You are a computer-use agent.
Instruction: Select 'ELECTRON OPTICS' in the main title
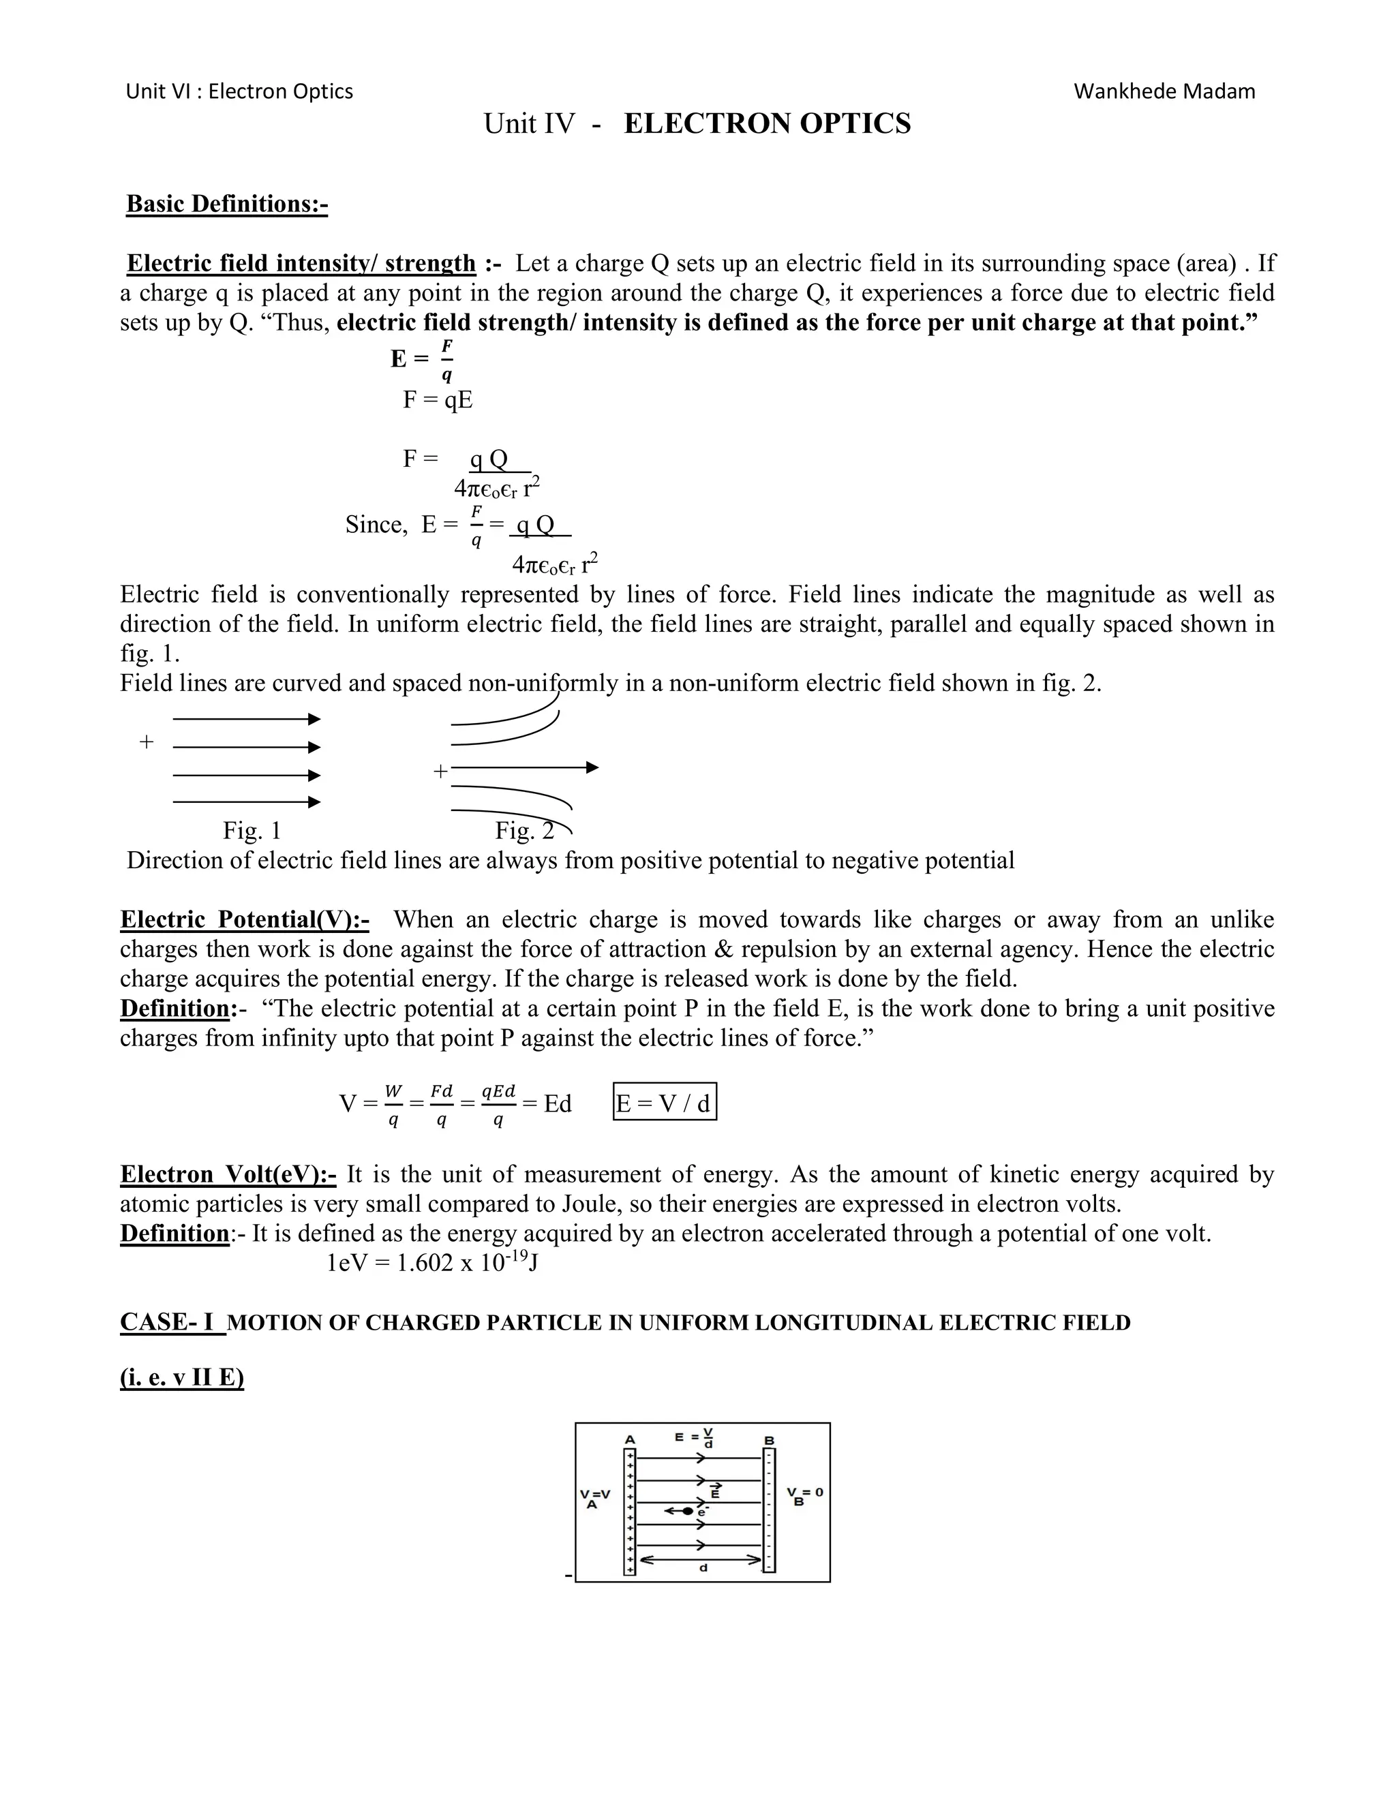(x=767, y=123)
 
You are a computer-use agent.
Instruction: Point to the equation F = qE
(x=438, y=400)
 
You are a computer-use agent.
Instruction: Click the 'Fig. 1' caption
(x=252, y=830)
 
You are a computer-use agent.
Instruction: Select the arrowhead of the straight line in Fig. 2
(x=592, y=767)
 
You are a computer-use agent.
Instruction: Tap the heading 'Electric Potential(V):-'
(x=244, y=919)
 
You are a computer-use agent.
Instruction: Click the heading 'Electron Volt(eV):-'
(x=228, y=1174)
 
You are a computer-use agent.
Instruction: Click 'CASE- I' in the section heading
(x=171, y=1322)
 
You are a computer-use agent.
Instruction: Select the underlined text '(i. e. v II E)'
(x=182, y=1379)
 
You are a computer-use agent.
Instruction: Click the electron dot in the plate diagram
(x=688, y=1511)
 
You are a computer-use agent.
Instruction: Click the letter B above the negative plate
(x=768, y=1441)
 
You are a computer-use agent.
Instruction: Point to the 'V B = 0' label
(x=804, y=1495)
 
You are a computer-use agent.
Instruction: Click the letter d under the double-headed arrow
(x=703, y=1568)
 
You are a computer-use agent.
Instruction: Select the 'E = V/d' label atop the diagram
(x=695, y=1438)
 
